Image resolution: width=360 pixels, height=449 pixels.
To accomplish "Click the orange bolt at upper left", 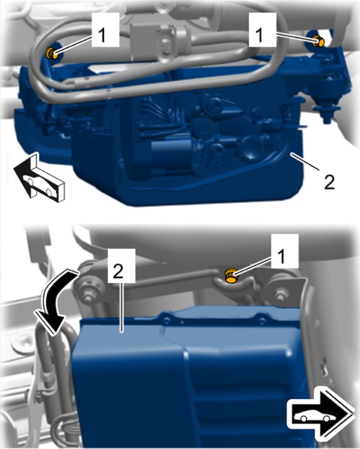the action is tap(51, 53).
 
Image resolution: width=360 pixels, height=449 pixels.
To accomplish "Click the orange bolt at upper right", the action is tap(318, 42).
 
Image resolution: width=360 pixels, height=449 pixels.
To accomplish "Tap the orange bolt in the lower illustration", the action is tap(231, 276).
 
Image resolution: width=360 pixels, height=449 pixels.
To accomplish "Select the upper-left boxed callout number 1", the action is tap(105, 29).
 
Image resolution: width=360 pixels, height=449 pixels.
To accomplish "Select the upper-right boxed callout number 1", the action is tap(262, 29).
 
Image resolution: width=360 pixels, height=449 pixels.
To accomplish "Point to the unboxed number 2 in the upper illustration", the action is tap(329, 182).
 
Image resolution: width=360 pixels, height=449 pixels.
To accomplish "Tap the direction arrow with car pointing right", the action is tap(320, 412).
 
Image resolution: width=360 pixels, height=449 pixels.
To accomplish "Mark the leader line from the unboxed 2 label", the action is tap(305, 162).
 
